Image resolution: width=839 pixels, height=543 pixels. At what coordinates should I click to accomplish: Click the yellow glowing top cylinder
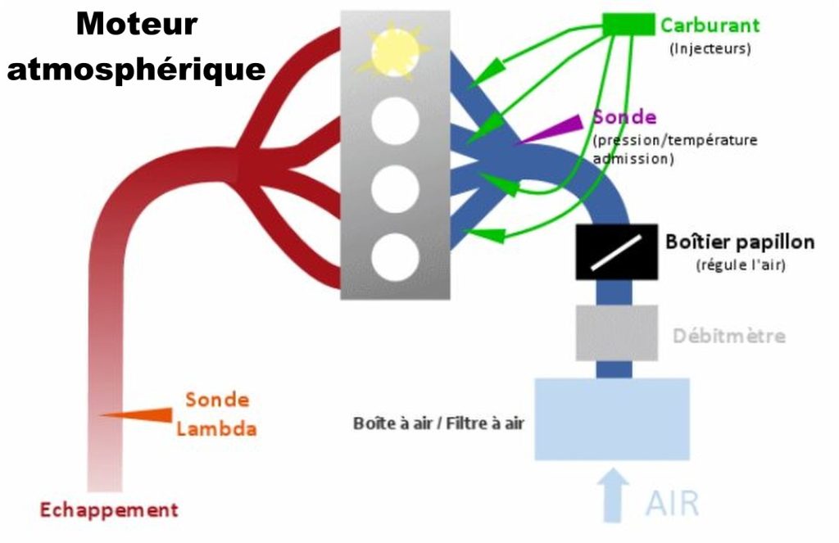coord(396,52)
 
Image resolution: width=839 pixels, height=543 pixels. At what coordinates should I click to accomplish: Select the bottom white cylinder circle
coord(396,256)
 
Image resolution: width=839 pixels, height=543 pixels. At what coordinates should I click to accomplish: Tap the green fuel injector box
coord(628,25)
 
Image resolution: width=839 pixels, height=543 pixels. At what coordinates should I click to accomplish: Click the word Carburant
coord(710,25)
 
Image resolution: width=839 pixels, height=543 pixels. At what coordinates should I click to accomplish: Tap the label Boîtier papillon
coord(739,242)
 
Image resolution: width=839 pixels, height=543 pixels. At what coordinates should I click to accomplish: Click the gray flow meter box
coord(616,333)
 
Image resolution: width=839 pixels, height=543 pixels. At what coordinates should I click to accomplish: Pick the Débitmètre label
coord(728,336)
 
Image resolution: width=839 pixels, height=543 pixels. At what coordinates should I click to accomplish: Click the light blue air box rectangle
coord(610,419)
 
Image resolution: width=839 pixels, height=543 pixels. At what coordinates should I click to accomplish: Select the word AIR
coord(673,503)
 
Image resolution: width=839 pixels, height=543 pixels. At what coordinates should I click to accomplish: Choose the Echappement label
coord(109,509)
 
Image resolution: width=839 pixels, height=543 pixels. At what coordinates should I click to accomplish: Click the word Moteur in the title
coord(137,25)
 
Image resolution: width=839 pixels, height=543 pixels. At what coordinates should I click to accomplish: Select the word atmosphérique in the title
coord(136,68)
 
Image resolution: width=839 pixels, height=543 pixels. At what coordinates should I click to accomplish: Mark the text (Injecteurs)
coord(710,48)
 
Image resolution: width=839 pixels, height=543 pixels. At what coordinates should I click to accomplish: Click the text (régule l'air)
coord(740,265)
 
